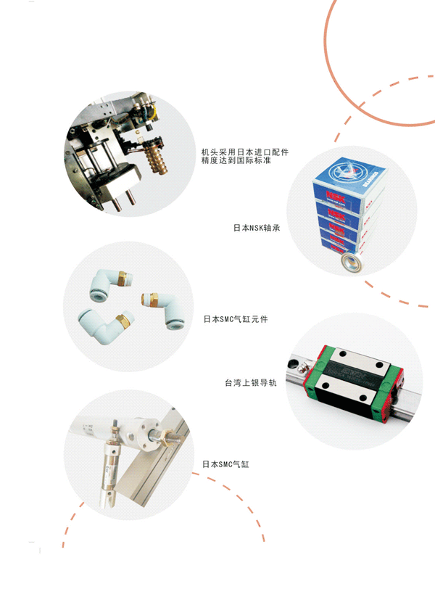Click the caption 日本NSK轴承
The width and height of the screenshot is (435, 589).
[x=257, y=228]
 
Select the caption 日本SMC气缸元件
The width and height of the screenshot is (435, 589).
[x=236, y=319]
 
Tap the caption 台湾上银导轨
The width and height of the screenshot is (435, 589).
[x=251, y=383]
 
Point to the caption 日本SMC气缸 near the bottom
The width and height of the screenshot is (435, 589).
[x=225, y=464]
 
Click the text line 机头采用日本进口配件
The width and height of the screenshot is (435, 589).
[x=245, y=152]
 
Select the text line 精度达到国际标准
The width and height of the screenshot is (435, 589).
[x=236, y=160]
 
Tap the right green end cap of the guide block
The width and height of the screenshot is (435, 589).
[x=386, y=392]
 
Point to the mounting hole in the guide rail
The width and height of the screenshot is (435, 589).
[x=292, y=363]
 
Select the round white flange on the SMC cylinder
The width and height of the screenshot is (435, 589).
[x=146, y=434]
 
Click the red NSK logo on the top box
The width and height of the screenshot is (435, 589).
[x=336, y=196]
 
